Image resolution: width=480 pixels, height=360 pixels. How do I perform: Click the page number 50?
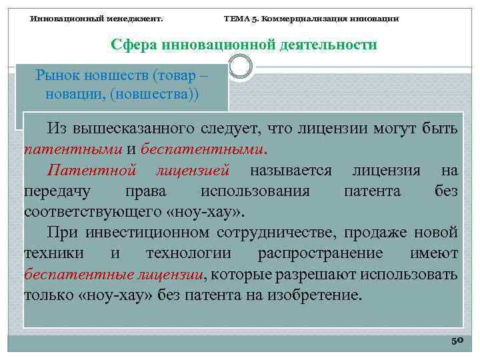(457, 340)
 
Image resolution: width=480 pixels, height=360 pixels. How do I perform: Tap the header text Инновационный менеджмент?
(97, 19)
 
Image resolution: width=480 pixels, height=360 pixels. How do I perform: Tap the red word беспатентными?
(211, 148)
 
